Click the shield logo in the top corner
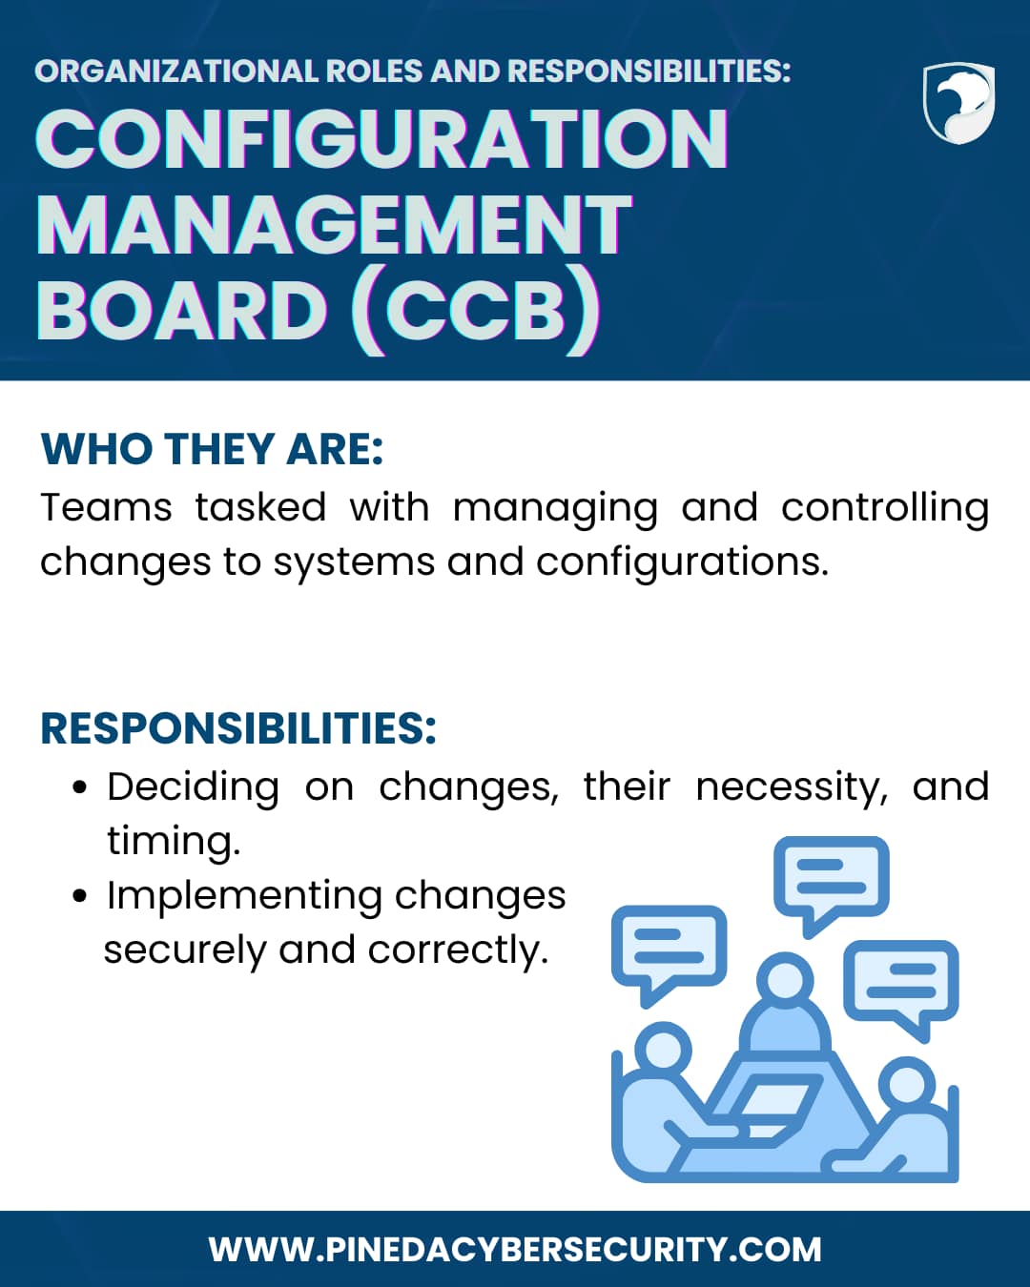click(958, 103)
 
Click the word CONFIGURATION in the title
click(381, 139)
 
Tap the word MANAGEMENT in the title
click(334, 225)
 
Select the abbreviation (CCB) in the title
click(475, 312)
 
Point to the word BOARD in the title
click(182, 311)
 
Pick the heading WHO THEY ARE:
click(212, 448)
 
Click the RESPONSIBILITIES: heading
click(238, 728)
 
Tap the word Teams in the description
click(106, 508)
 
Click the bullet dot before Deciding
click(79, 787)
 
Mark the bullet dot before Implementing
click(79, 896)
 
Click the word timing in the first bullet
click(174, 842)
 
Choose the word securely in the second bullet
click(185, 951)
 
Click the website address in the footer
click(515, 1250)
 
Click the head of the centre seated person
click(785, 980)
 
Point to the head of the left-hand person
click(663, 1051)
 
